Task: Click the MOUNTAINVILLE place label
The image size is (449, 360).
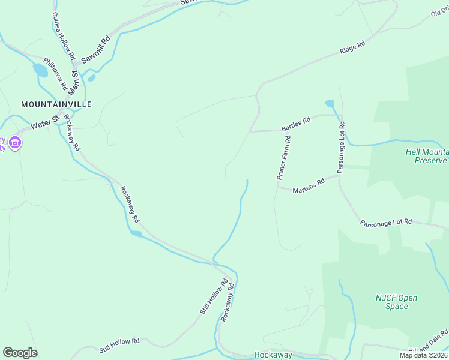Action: click(x=56, y=104)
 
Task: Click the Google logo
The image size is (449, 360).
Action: click(x=20, y=353)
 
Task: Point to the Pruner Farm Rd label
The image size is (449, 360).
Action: click(x=284, y=158)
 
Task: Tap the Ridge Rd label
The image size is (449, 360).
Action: click(x=352, y=48)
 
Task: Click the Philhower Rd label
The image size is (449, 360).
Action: click(x=55, y=74)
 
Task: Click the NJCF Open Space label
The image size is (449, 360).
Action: click(x=396, y=302)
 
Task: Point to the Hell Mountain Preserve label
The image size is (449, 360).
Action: click(x=427, y=157)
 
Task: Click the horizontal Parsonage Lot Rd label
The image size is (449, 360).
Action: click(x=386, y=222)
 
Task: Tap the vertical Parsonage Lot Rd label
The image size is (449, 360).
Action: click(x=340, y=148)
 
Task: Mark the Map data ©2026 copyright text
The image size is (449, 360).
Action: click(x=423, y=355)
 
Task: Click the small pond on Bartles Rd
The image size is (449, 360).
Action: click(x=330, y=104)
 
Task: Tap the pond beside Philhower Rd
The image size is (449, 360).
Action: click(x=40, y=70)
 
